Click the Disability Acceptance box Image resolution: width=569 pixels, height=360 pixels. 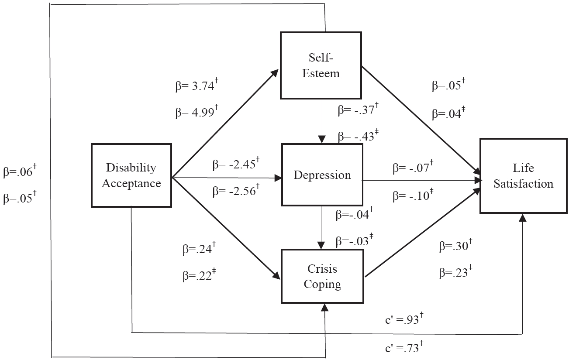131,175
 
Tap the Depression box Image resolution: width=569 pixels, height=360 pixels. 322,175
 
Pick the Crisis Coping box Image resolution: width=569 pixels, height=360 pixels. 323,276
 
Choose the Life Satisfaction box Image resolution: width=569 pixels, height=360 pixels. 523,175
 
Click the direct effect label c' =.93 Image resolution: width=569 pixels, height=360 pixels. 402,320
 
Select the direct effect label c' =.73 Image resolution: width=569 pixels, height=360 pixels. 402,348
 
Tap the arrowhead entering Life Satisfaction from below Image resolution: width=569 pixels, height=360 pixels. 522,218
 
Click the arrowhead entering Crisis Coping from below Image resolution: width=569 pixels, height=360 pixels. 324,308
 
